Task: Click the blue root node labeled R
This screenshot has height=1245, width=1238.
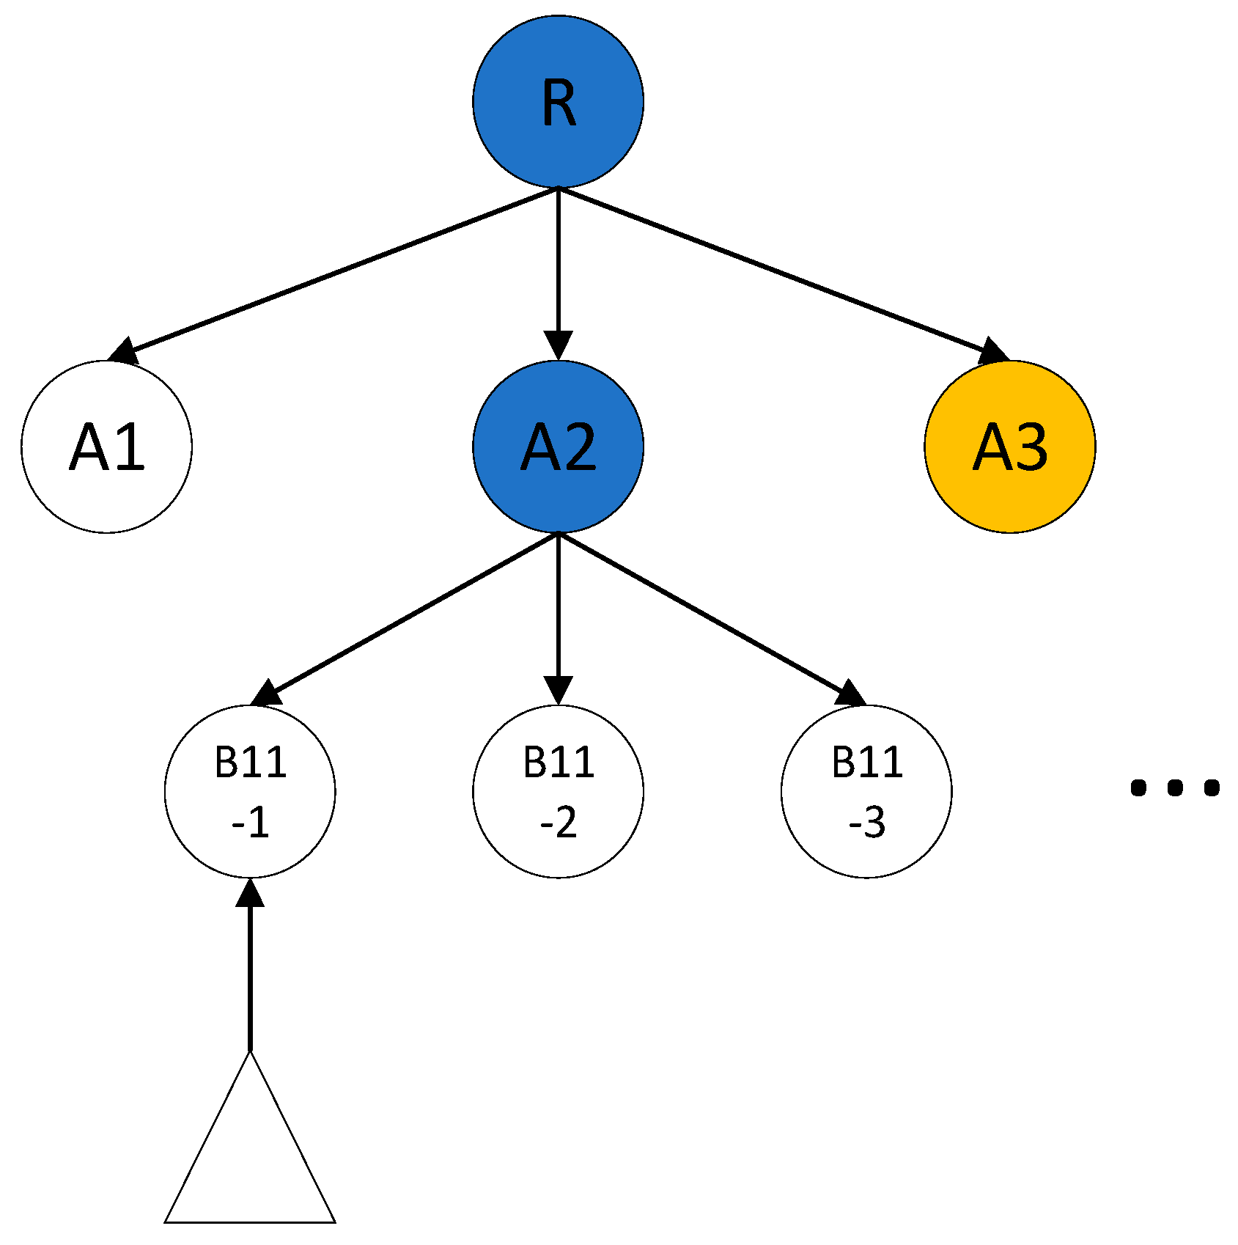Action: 558,101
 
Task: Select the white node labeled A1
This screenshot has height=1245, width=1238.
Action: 107,447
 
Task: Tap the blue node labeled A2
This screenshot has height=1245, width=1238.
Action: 558,447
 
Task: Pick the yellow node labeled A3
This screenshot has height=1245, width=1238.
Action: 1009,447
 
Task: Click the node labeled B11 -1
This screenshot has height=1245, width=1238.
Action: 250,791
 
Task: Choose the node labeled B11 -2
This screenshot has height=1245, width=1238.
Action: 558,791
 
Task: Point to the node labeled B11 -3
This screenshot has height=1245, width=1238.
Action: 866,791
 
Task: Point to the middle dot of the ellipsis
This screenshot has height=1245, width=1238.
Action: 1175,787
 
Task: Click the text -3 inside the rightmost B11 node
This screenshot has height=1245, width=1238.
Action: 866,823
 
